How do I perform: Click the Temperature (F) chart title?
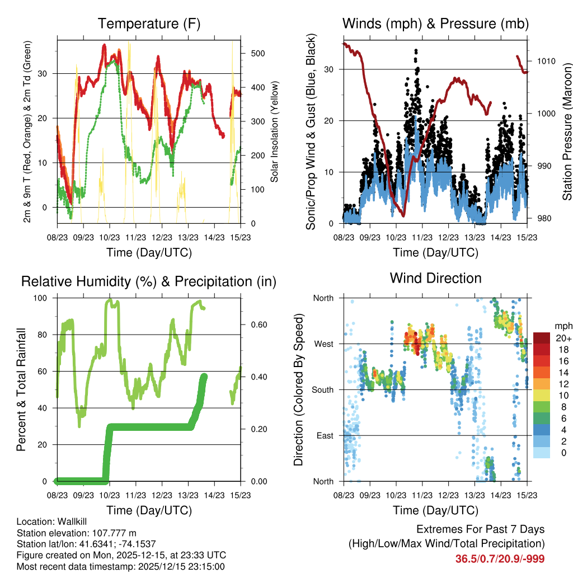point(148,24)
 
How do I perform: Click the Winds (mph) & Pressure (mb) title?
point(435,24)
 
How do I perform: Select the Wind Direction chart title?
point(435,278)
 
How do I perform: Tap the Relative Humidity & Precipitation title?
point(148,281)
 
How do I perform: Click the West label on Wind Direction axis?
point(323,344)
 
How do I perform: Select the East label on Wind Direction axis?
point(325,435)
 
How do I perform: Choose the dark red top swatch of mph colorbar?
point(542,338)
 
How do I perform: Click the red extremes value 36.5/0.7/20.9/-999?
point(500,558)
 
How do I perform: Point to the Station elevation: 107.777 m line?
point(77,533)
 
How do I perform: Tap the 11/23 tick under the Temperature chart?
point(135,237)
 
